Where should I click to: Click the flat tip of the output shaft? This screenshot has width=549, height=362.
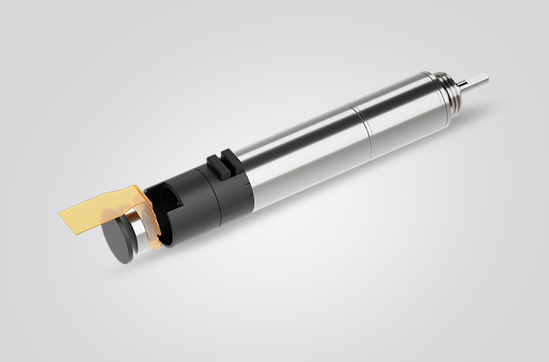point(480,79)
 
